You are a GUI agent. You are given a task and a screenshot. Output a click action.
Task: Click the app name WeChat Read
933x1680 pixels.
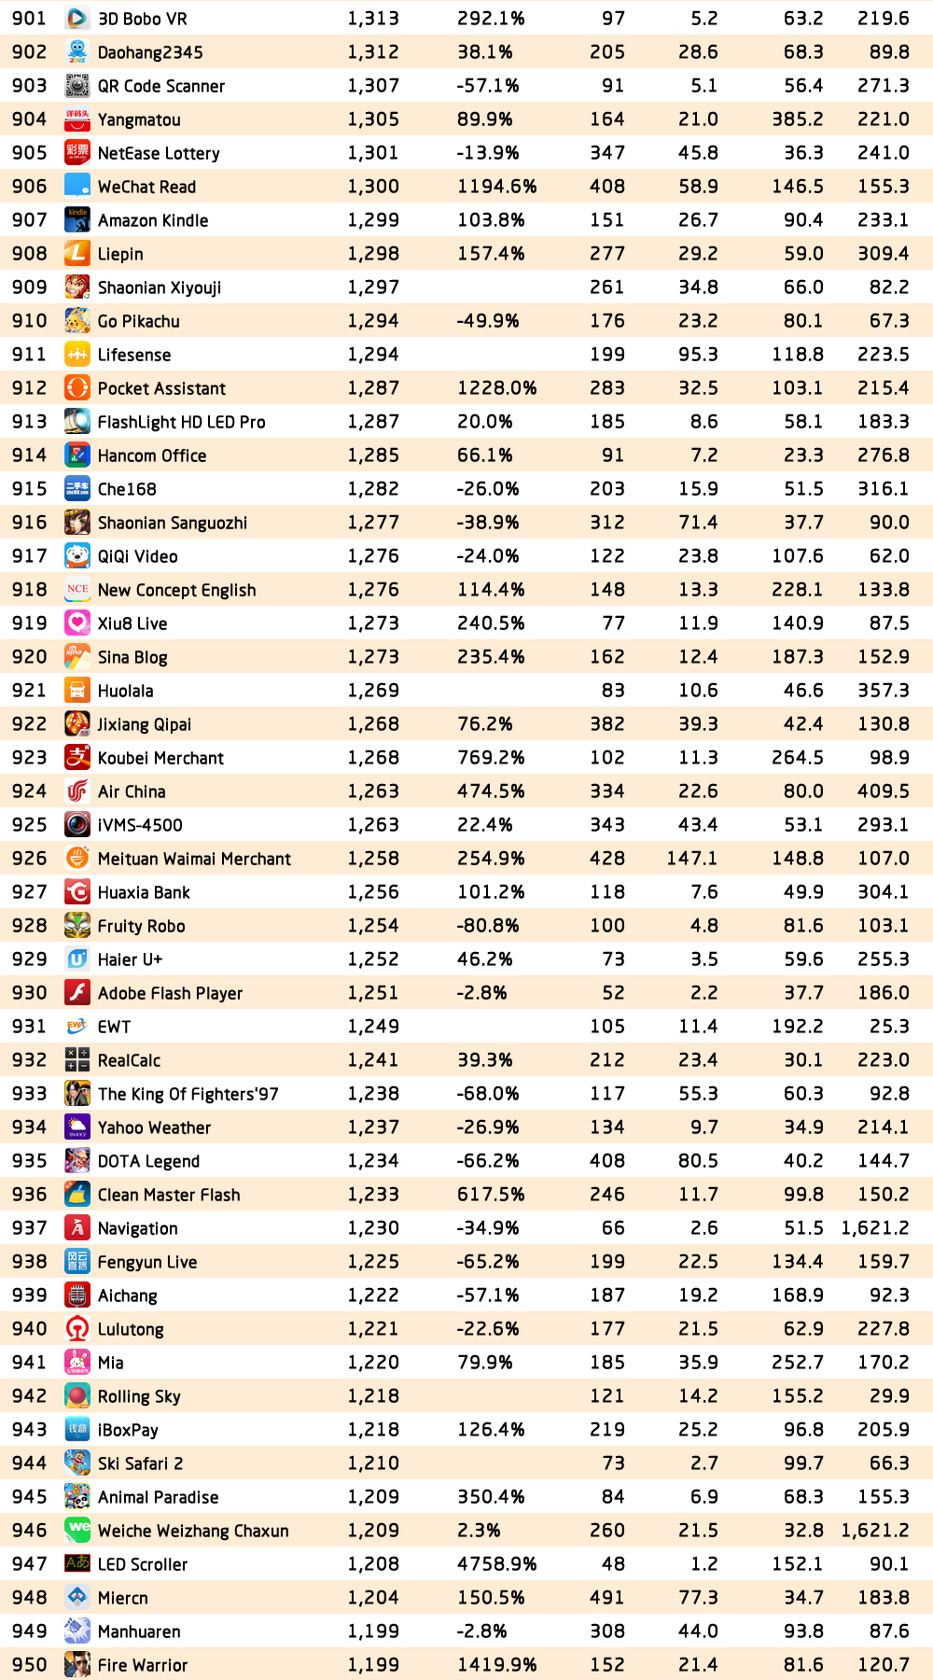[146, 187]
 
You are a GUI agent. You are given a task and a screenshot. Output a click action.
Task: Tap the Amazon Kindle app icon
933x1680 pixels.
[77, 220]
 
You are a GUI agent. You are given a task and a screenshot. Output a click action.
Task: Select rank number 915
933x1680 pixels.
[29, 489]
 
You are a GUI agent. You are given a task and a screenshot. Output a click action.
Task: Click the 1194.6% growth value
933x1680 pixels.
[496, 187]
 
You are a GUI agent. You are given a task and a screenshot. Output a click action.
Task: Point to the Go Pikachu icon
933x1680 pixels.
[77, 321]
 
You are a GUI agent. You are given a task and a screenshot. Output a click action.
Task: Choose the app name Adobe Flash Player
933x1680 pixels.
[170, 993]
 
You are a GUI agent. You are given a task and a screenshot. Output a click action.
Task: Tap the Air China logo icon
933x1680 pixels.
[77, 791]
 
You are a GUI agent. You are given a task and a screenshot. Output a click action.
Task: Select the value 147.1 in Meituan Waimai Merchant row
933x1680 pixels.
[691, 859]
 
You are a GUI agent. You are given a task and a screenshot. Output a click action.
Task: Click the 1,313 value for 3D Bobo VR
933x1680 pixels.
[373, 19]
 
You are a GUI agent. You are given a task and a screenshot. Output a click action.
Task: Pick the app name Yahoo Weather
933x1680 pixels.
[154, 1127]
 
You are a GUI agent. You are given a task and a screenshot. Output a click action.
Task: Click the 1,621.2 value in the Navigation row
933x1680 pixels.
[874, 1228]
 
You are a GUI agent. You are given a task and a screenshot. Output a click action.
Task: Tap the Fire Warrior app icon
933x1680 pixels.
[77, 1665]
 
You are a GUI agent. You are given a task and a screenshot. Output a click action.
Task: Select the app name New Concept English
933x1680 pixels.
[176, 590]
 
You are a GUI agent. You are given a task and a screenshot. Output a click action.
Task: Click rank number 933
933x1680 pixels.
[29, 1094]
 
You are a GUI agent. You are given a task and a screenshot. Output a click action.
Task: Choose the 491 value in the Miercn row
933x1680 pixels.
[606, 1598]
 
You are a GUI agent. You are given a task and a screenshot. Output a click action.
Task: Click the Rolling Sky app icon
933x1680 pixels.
[77, 1396]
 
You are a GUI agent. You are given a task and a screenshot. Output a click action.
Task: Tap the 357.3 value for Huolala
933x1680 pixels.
[883, 691]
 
